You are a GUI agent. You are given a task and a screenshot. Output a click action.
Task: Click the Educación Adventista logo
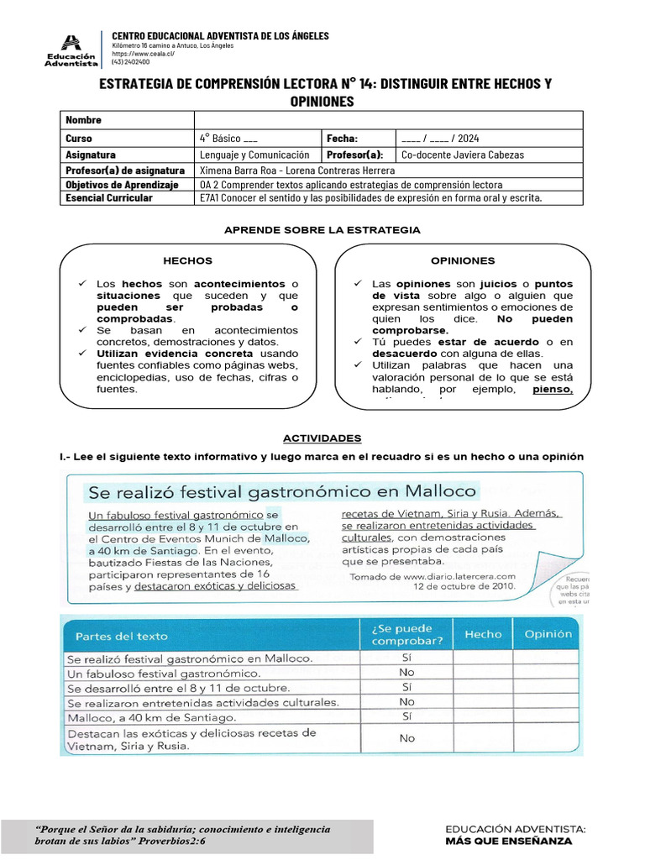coord(71,50)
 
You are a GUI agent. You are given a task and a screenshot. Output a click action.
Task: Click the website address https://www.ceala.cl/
coord(143,54)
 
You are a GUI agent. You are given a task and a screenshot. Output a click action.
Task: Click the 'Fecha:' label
coord(343,138)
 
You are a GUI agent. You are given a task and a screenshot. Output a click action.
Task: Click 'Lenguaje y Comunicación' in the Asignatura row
coord(254,155)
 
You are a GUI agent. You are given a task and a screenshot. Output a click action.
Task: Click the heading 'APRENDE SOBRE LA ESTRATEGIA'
coord(322,230)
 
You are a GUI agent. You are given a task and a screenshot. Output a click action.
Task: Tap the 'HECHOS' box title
coord(187,260)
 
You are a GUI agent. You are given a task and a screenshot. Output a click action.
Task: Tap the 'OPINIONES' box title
coord(463,260)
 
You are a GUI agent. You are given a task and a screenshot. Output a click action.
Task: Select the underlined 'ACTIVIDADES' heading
coord(322,438)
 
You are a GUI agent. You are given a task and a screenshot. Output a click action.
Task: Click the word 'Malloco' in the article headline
coord(429,490)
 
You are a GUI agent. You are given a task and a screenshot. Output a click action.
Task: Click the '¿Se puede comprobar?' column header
coord(406,635)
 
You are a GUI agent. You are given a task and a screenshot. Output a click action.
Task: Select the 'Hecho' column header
coord(483,635)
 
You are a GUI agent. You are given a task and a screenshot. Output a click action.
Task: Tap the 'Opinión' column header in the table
coord(548,635)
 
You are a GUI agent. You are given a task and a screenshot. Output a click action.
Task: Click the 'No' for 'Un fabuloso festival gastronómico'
coord(406,673)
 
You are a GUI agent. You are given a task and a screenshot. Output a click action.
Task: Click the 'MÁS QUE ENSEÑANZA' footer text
coord(509,841)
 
